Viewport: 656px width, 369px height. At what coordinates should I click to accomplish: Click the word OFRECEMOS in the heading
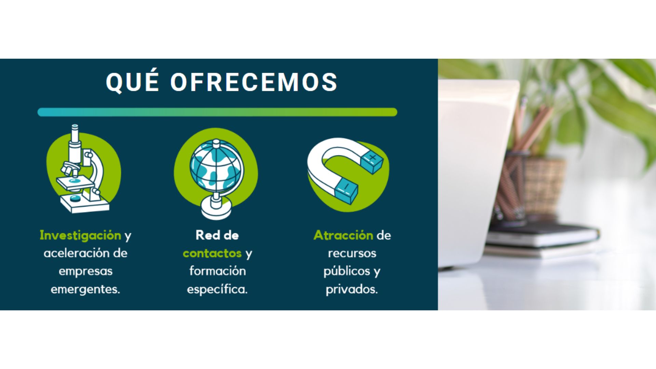coord(254,82)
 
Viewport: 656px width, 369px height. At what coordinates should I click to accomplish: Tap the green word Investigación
coord(80,235)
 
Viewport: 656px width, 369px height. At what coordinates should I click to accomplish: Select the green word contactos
coord(212,254)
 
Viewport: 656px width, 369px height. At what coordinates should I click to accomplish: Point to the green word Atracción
coord(343,235)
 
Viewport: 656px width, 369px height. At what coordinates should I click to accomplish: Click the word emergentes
coord(85,289)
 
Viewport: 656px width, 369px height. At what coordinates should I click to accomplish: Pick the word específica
coord(217,289)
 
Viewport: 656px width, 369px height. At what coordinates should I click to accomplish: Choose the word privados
coord(352,289)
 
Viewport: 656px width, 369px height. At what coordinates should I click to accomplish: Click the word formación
coord(218,271)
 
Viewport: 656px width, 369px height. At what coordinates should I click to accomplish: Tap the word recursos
coord(352,254)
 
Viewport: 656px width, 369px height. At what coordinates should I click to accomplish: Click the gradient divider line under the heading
coord(217,112)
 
